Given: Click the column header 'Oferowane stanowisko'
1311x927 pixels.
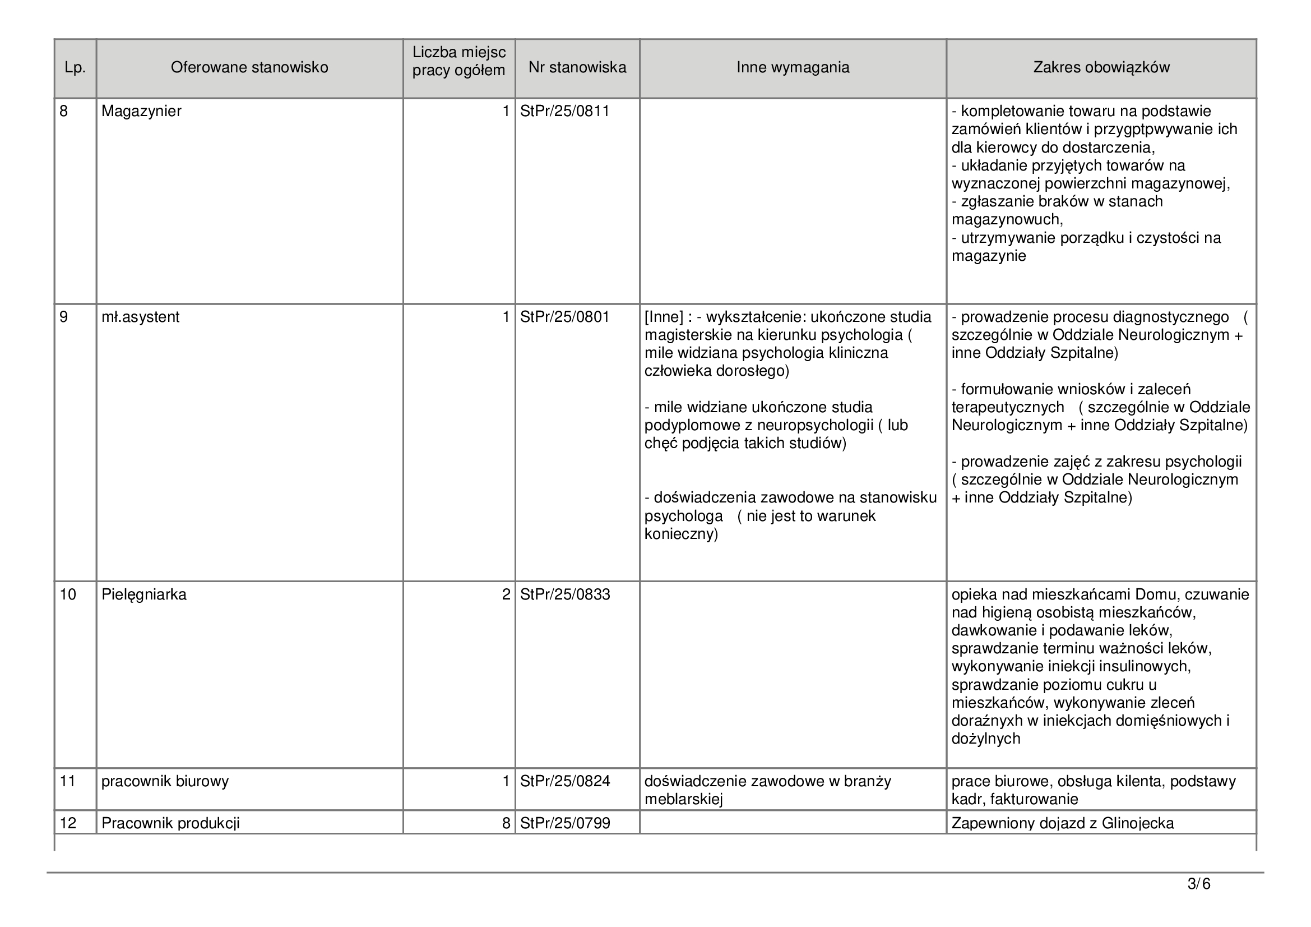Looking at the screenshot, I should click(x=249, y=67).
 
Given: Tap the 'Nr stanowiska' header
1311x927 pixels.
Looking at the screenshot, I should click(x=577, y=67).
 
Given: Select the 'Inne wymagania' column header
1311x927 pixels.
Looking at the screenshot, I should click(x=793, y=67).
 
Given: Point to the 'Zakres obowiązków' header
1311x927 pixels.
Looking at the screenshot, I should click(x=1101, y=67).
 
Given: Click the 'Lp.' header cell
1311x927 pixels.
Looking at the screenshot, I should click(x=75, y=68).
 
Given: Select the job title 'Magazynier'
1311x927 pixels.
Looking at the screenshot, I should click(x=141, y=111).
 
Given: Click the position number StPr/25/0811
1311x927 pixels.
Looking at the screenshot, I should click(x=565, y=111).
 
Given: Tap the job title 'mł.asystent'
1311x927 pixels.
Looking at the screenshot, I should click(x=140, y=317).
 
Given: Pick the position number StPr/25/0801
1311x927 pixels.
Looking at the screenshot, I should click(x=565, y=317).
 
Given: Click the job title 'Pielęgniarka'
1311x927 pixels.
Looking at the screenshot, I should click(x=144, y=594).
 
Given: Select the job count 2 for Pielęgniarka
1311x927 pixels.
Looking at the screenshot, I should click(x=506, y=594).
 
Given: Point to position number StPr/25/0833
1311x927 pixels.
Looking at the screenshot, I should click(x=565, y=594).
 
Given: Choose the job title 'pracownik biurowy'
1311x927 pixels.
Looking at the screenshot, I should click(x=165, y=781).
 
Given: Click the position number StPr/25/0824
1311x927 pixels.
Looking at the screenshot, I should click(x=565, y=781).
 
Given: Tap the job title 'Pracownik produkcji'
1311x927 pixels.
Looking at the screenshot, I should click(x=170, y=823).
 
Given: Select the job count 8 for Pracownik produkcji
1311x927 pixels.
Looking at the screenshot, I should click(x=506, y=823).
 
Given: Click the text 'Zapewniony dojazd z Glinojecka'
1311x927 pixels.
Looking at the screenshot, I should click(x=1063, y=823).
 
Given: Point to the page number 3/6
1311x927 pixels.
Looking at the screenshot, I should click(x=1198, y=884).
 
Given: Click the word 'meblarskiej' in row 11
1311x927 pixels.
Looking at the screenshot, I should click(x=683, y=799).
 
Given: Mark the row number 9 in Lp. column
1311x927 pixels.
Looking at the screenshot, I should click(x=64, y=317).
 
